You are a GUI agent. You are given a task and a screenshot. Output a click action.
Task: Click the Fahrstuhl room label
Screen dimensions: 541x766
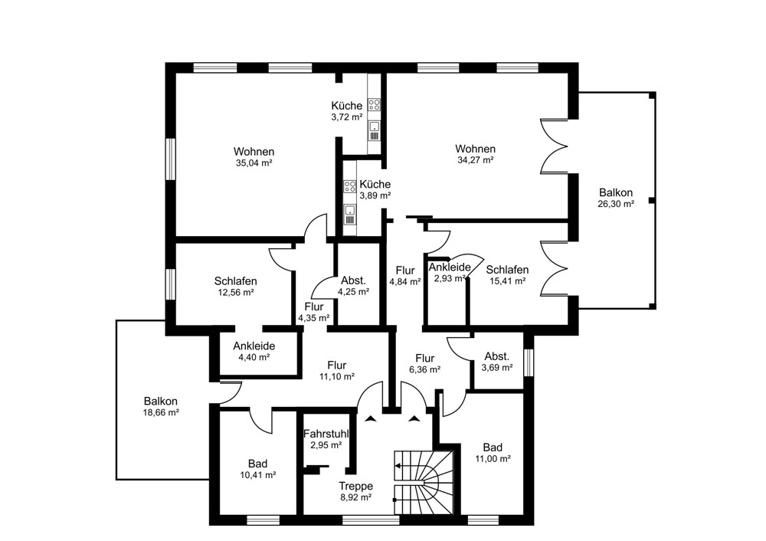coord(327,433)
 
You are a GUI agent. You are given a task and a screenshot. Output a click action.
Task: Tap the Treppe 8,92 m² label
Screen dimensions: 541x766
coord(355,491)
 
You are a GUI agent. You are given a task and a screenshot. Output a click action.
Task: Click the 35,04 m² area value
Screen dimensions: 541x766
coord(254,163)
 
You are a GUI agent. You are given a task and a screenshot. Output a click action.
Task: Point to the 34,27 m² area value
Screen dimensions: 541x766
coord(475,160)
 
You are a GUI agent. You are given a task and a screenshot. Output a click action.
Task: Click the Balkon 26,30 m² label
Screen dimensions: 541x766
coord(616,198)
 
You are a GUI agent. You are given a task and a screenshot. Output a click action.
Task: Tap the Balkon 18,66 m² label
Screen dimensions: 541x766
coord(161,406)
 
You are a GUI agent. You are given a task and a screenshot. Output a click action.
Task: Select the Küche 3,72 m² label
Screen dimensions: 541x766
coord(346,111)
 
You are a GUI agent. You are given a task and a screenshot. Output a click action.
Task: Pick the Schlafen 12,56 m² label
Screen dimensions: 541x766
coord(235,286)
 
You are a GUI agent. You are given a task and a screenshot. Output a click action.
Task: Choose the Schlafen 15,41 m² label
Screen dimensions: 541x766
coord(507,275)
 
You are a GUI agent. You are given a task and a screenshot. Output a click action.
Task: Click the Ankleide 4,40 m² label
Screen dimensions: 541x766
coord(254,351)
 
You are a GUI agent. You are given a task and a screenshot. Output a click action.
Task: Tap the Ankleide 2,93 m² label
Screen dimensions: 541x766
coord(449,272)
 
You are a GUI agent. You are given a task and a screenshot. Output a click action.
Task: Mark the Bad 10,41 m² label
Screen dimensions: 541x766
coord(257,469)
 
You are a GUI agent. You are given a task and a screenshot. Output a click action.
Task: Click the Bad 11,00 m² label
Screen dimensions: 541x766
coord(493,452)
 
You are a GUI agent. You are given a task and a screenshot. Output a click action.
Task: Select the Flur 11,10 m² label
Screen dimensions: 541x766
coord(336,370)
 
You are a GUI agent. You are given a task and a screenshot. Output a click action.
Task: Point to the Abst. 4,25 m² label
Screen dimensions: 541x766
coord(353,285)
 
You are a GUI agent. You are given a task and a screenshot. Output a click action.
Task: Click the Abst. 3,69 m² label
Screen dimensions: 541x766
coord(497,362)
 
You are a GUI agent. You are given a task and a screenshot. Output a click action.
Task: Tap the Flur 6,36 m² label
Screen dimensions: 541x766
coord(424,363)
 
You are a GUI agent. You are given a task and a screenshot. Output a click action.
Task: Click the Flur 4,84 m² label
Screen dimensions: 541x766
coord(404,275)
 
